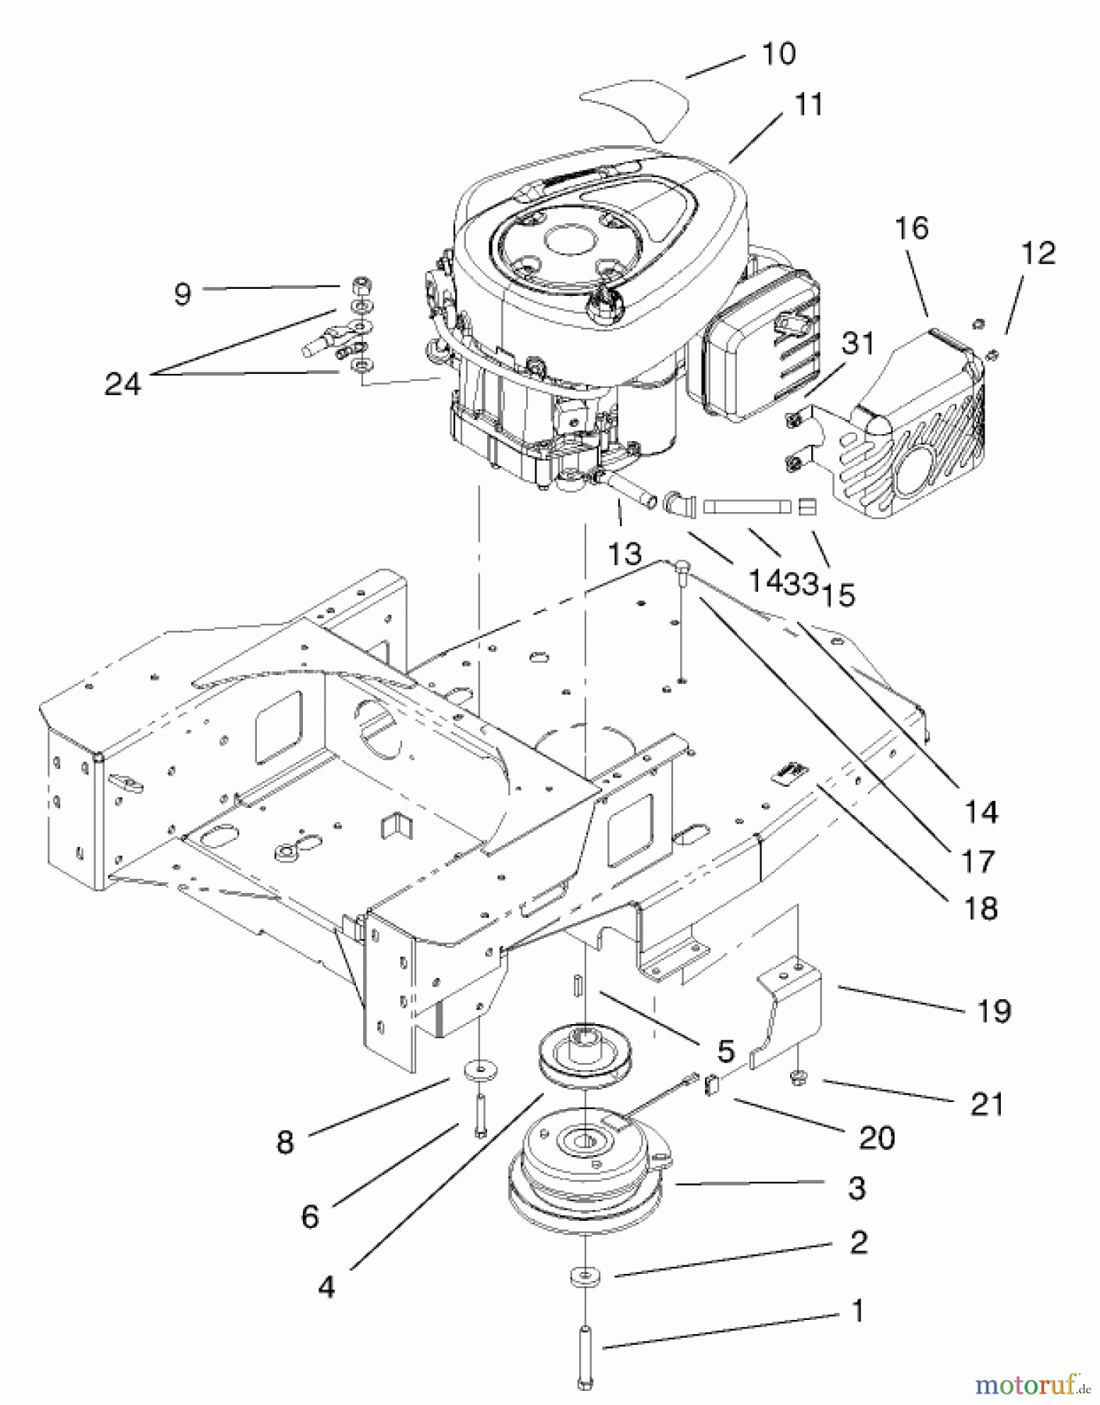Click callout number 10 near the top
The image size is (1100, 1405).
click(x=778, y=54)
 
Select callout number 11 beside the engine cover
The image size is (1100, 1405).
click(x=808, y=104)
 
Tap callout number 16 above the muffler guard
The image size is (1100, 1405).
click(x=912, y=228)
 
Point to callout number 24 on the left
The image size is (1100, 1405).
click(x=123, y=384)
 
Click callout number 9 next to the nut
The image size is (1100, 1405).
click(x=182, y=294)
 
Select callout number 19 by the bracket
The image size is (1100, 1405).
click(x=993, y=1012)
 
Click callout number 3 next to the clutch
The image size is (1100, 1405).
click(x=856, y=1189)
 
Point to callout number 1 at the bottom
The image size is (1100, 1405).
click(x=857, y=1311)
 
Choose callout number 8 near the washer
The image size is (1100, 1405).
click(x=285, y=1143)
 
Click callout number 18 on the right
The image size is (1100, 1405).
click(x=981, y=909)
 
